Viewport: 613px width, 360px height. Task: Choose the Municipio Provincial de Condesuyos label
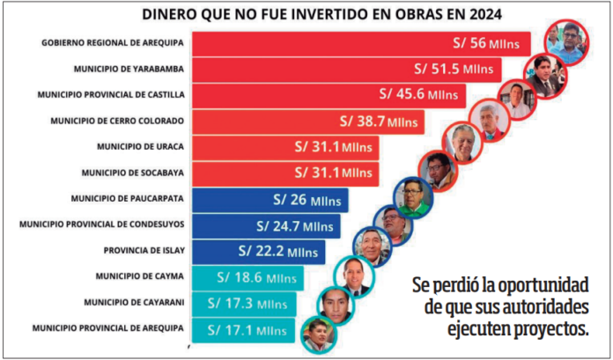coord(101,224)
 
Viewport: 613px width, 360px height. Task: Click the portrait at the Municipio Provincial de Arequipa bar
coord(316,334)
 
